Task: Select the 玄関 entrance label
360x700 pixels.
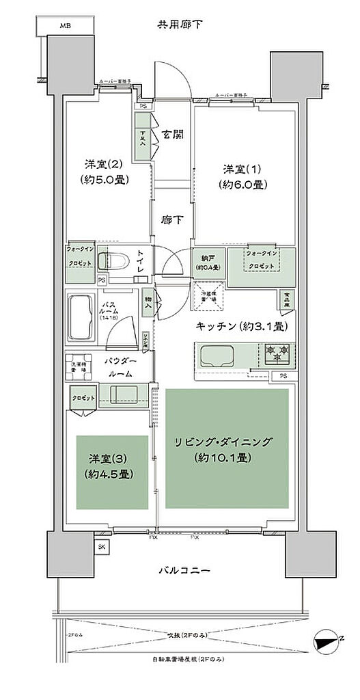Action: tap(172, 135)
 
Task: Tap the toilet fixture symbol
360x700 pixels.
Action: tap(111, 260)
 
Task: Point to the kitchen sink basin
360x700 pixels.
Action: tap(217, 355)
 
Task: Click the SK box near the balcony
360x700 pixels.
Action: tap(102, 548)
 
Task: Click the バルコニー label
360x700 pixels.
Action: tap(179, 569)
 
